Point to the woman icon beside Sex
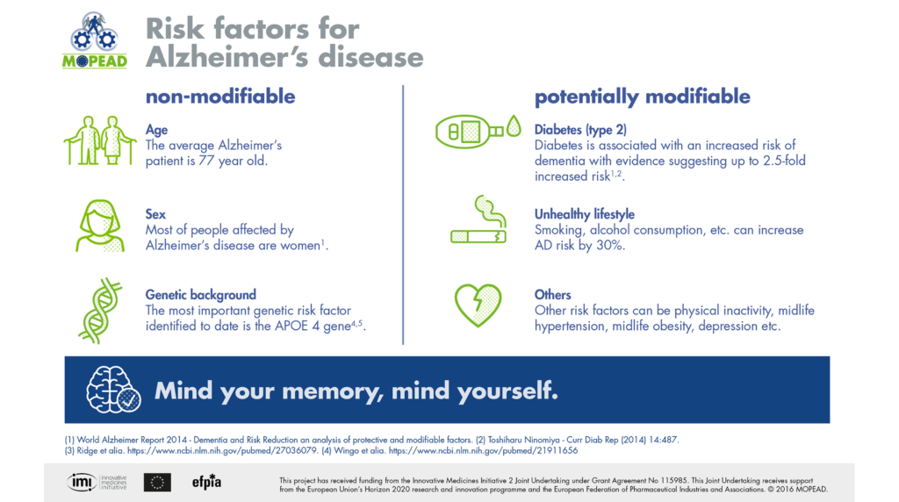click(97, 225)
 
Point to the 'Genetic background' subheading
click(200, 295)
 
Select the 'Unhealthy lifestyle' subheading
click(585, 214)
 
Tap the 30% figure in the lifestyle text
click(609, 246)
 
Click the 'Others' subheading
click(553, 295)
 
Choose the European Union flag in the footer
click(158, 481)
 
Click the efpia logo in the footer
click(205, 481)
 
